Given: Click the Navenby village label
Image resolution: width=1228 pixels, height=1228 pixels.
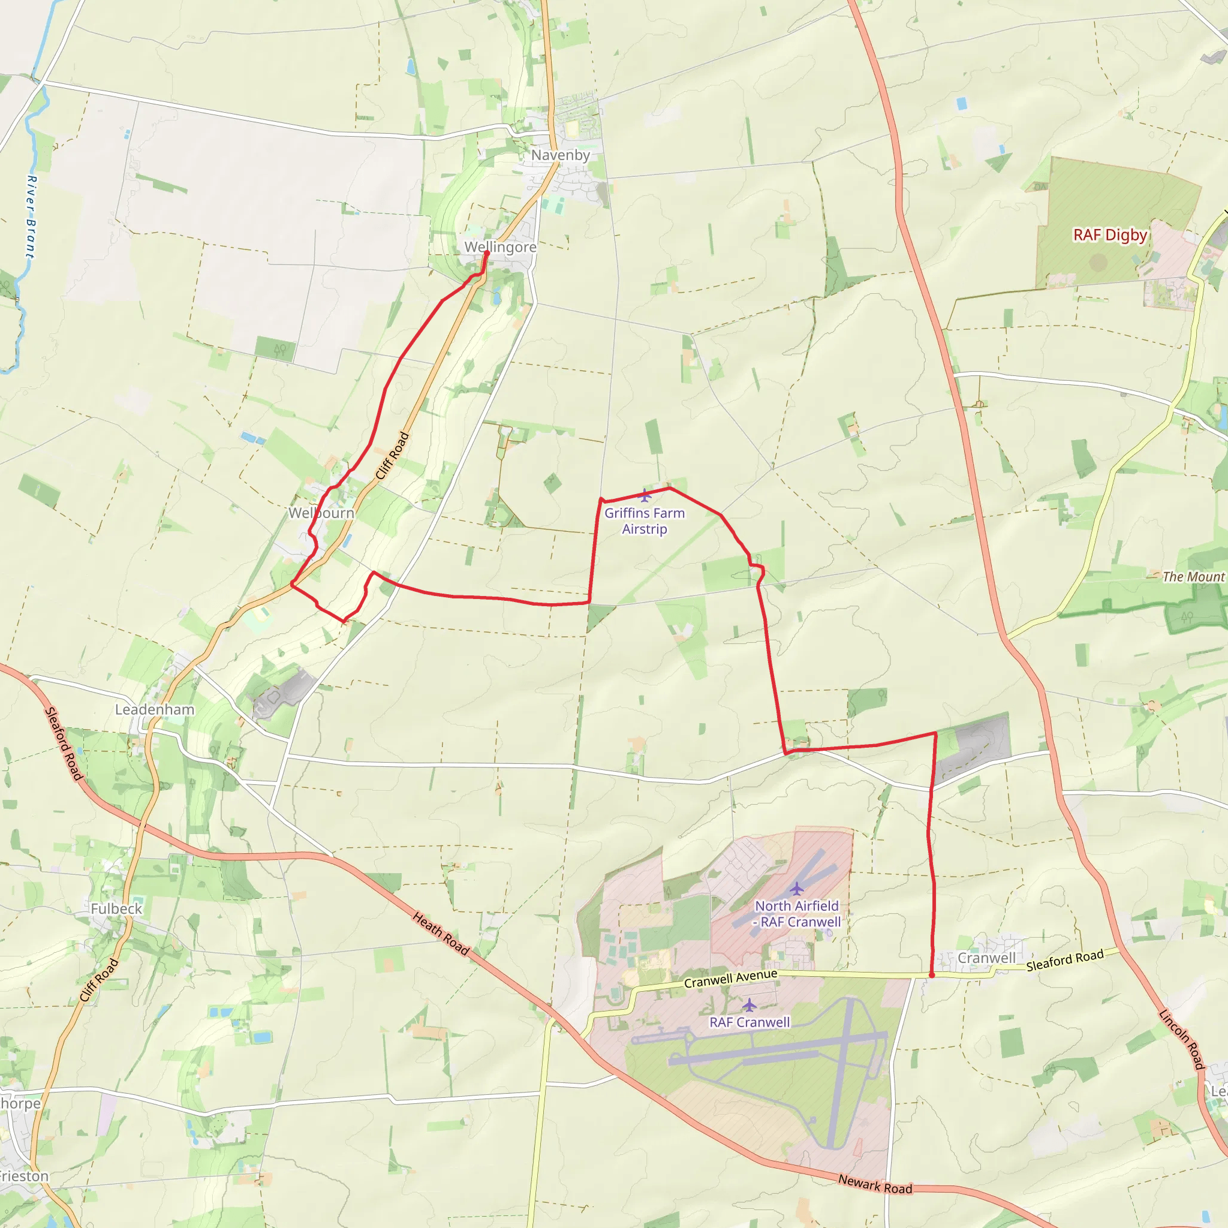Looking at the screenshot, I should [560, 155].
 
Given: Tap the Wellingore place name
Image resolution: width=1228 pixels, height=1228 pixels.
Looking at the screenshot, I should [500, 246].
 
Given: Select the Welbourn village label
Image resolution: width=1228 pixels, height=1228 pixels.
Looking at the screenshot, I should [321, 513].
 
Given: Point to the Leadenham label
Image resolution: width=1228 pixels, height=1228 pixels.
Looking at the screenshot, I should [155, 709].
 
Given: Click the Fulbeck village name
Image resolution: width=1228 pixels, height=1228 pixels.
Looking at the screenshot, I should [116, 909].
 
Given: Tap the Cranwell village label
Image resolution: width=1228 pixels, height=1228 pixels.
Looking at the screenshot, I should [986, 958].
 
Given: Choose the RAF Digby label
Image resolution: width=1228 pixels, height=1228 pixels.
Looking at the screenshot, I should [1110, 235].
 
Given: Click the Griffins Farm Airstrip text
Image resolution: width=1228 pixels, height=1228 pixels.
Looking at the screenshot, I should [645, 521].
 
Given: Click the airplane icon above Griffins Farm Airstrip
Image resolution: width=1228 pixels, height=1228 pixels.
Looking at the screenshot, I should [645, 495].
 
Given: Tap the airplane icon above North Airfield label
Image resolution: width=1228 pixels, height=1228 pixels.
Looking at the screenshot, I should [796, 888].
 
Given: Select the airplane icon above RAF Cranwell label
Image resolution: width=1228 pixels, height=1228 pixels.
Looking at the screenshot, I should [750, 1005].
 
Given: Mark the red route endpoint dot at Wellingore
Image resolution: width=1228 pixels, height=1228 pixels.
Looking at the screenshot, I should [487, 254].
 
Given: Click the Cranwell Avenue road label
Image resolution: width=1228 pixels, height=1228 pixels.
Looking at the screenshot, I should [730, 979].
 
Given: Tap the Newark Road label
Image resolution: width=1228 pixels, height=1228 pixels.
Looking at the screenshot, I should [875, 1184].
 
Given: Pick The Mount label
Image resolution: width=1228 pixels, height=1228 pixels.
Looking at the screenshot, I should [1193, 577].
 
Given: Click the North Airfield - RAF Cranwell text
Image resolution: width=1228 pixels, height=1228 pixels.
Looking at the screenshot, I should [797, 914].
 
